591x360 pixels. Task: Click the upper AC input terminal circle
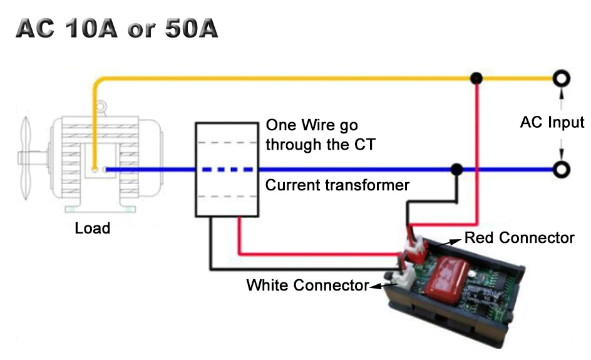[562, 78]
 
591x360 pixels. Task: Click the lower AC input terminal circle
[562, 169]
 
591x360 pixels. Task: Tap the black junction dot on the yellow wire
[477, 78]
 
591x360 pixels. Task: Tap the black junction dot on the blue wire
[457, 169]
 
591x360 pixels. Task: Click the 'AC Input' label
[552, 123]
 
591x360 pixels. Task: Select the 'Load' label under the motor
[92, 228]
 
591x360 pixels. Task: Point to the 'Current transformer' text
[337, 185]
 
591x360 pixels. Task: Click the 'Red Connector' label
[519, 238]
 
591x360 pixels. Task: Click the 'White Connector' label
[307, 285]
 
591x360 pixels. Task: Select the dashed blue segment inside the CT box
[226, 169]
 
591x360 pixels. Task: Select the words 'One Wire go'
[312, 125]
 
